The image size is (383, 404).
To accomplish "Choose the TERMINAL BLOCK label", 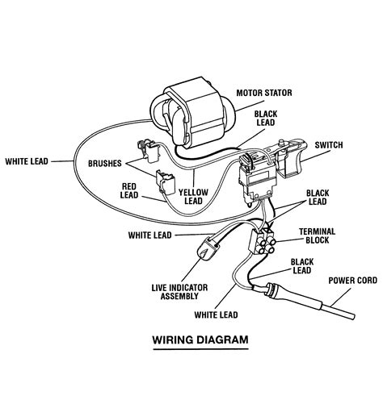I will pos(318,235).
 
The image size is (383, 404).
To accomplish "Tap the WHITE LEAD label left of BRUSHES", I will pos(29,160).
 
